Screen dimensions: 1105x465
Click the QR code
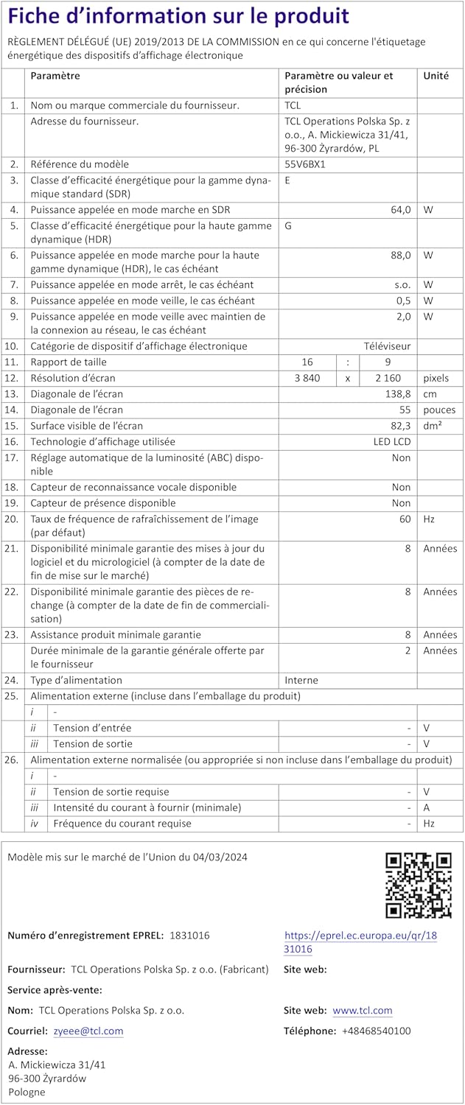click(x=419, y=885)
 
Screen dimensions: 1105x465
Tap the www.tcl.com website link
click(x=363, y=1010)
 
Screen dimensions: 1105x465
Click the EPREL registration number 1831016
click(x=189, y=935)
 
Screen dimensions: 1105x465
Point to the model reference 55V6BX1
click(x=305, y=164)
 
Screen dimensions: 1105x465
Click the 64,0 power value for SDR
click(x=401, y=210)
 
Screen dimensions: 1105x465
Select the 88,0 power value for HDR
click(x=401, y=255)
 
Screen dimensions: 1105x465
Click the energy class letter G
click(x=288, y=225)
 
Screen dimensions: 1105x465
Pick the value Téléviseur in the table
click(x=387, y=346)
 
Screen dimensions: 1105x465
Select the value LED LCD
click(x=392, y=442)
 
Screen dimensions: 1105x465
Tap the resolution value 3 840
click(x=307, y=378)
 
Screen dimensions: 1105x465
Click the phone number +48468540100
click(x=377, y=1031)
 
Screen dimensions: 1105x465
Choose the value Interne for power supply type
click(x=302, y=680)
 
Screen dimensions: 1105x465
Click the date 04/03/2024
click(x=220, y=857)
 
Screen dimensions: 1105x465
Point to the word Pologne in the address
click(x=27, y=1092)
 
